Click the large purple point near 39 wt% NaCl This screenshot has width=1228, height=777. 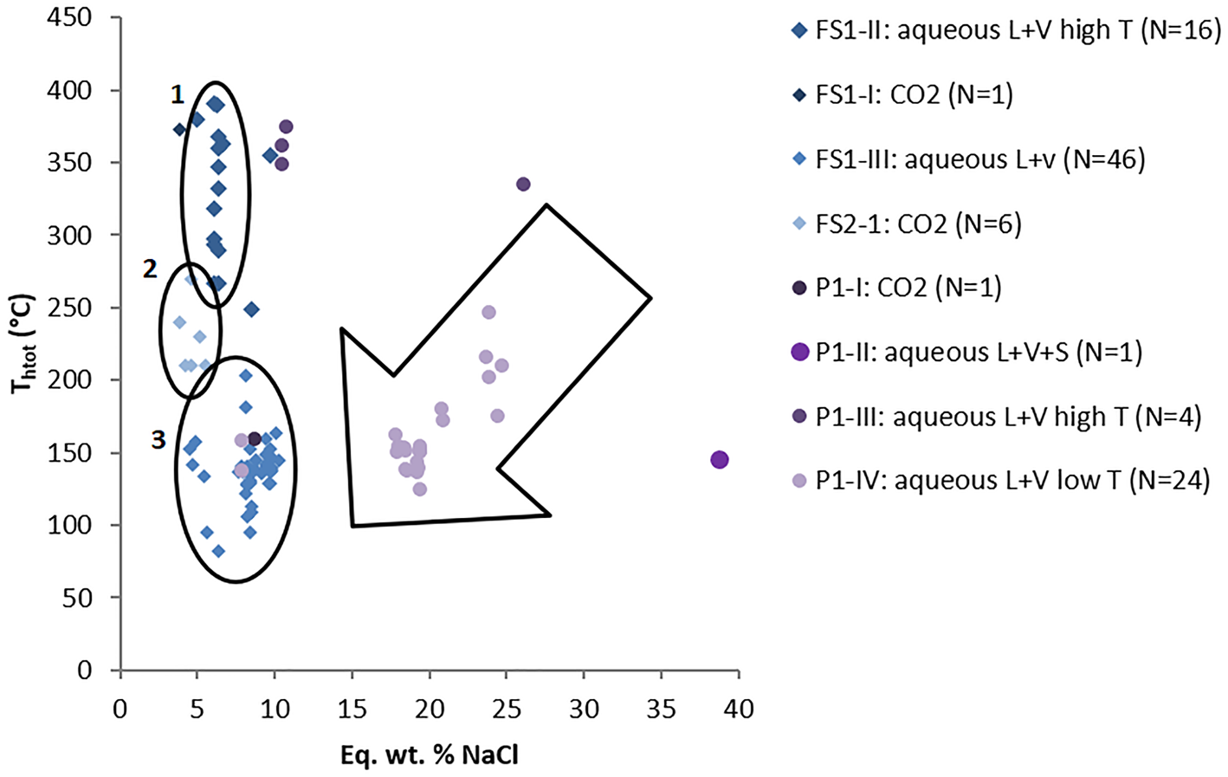[x=720, y=460]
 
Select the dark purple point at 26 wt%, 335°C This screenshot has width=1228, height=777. [x=523, y=185]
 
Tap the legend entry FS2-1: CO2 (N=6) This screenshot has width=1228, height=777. [x=918, y=224]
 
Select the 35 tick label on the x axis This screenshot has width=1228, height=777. [x=662, y=709]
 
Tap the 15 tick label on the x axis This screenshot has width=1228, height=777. [x=352, y=709]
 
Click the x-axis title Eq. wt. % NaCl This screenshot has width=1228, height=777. [x=430, y=755]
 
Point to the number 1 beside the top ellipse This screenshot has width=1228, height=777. [x=177, y=94]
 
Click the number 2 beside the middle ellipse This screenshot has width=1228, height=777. [x=150, y=269]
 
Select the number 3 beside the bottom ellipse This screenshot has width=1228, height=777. [x=158, y=440]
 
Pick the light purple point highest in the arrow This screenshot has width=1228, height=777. [x=488, y=313]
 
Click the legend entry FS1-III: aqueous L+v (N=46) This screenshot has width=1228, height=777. [x=979, y=159]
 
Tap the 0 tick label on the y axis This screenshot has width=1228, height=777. [x=84, y=670]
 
